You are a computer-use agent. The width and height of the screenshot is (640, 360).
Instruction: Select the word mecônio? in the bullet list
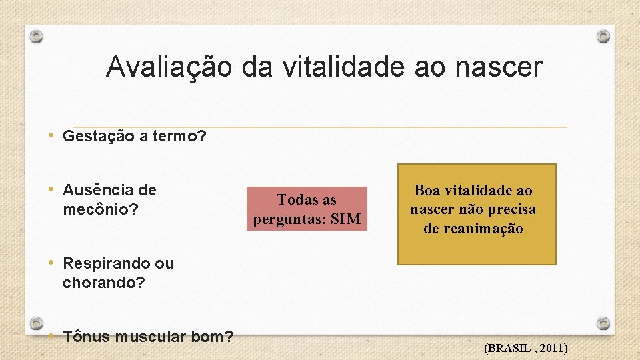pos(101,210)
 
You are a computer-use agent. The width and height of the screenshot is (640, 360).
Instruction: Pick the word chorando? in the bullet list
pos(103,283)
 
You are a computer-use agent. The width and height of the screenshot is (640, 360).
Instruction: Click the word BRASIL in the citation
pos(511,348)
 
